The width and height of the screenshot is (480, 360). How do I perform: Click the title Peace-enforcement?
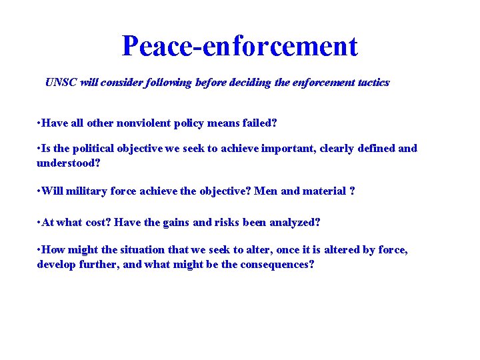tap(240, 46)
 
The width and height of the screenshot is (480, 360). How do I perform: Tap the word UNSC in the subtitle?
tap(61, 83)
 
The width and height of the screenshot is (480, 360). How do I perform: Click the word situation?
tap(142, 250)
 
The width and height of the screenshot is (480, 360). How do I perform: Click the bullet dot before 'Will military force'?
tap(40, 192)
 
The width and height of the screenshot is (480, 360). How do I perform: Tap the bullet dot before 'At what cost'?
tap(40, 223)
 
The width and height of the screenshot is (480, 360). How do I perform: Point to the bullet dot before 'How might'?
tap(40, 251)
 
